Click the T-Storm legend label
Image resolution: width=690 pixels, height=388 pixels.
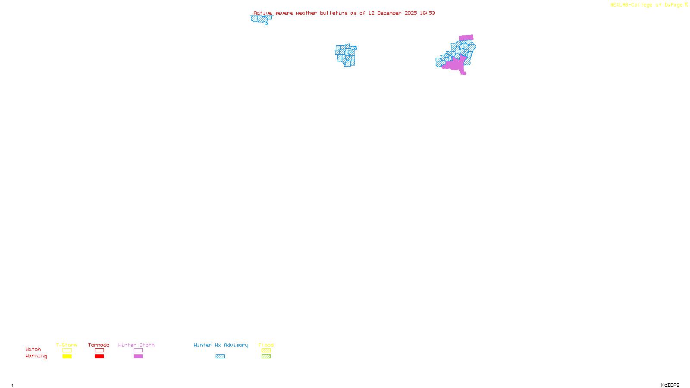[x=66, y=345]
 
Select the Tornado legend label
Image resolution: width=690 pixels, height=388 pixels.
[x=99, y=345]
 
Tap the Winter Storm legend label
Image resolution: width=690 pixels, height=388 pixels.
[x=136, y=345]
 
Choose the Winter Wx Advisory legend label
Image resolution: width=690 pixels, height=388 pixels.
[x=221, y=345]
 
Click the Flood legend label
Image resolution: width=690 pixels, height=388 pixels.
[x=266, y=345]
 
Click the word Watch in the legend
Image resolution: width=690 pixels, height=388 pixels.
[x=33, y=349]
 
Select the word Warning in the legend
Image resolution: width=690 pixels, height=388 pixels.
[x=36, y=356]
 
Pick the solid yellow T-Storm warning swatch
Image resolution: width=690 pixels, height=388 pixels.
[x=67, y=357]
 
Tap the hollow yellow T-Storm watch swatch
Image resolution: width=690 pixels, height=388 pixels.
[x=67, y=350]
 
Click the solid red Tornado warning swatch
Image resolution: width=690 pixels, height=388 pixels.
[x=99, y=357]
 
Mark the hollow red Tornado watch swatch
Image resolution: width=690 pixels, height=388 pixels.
[x=99, y=350]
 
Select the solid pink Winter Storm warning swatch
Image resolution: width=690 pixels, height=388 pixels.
[x=138, y=357]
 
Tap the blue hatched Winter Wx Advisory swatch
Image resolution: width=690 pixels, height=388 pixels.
[x=220, y=357]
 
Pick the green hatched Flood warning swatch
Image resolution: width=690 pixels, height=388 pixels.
[x=266, y=357]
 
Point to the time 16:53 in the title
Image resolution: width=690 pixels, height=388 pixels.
[x=427, y=13]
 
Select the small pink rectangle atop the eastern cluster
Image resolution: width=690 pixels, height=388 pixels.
[x=466, y=38]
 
